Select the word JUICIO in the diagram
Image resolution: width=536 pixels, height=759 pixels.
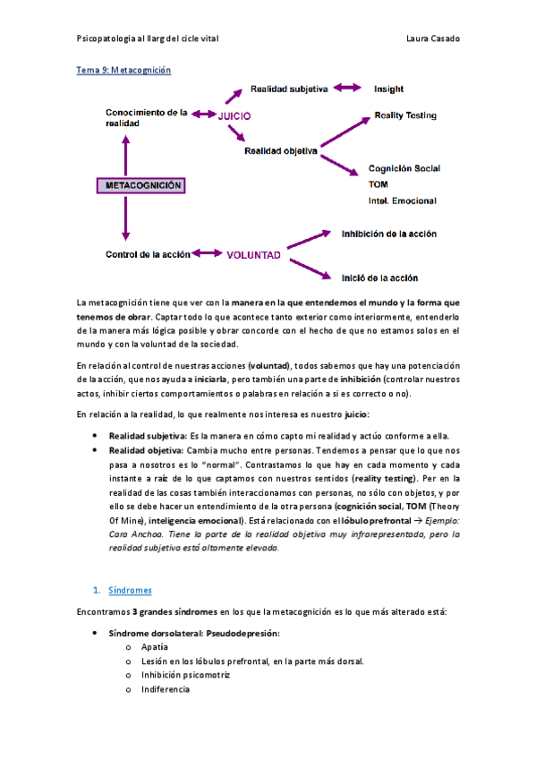234,115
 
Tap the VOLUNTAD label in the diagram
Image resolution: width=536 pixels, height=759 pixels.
253,254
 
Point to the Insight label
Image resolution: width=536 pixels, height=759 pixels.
388,89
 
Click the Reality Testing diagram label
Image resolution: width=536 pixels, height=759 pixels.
404,116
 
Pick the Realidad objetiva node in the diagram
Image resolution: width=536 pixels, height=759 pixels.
281,151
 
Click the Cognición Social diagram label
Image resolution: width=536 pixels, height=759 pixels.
404,168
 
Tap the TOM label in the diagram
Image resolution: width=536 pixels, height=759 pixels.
378,184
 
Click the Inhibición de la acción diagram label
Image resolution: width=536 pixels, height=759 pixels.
388,234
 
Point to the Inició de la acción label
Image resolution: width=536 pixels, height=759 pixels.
379,277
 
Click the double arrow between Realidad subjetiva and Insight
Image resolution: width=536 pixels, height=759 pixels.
346,89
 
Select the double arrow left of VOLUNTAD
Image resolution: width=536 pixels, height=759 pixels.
208,254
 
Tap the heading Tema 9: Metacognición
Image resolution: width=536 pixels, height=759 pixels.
123,69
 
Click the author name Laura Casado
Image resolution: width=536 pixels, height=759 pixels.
432,38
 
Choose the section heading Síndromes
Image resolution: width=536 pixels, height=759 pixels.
130,591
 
